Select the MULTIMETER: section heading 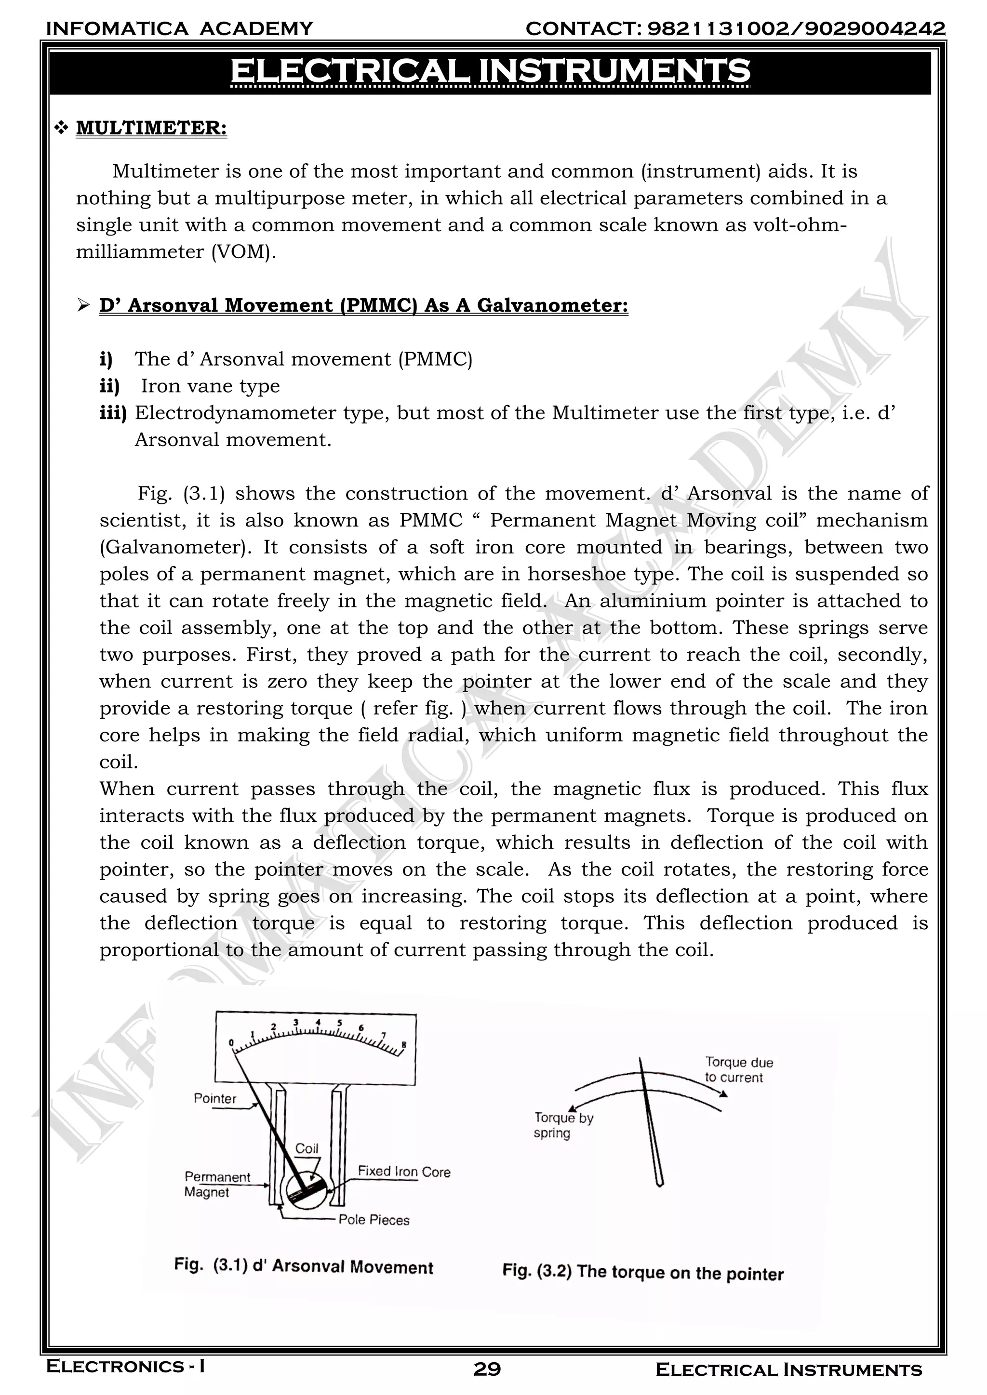151,128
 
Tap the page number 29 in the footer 487,1369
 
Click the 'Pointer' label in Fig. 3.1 214,1098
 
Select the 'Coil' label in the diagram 307,1148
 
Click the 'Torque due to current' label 738,1069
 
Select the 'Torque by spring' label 563,1125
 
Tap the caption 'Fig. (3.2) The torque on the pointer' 642,1272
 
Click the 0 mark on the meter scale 231,1043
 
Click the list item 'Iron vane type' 210,386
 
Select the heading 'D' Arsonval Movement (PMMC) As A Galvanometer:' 363,305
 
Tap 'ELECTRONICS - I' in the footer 126,1367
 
